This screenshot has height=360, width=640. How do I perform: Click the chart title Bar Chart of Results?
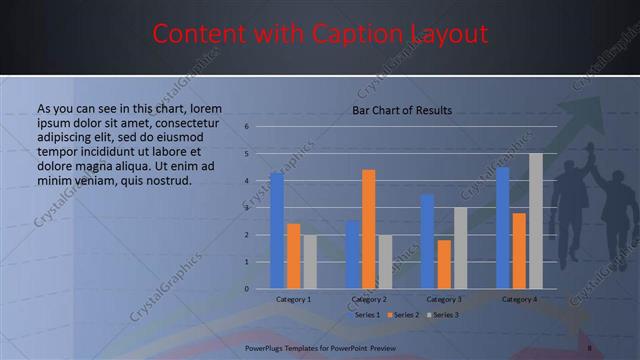[x=402, y=110]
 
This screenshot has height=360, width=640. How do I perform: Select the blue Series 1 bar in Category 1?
[x=277, y=230]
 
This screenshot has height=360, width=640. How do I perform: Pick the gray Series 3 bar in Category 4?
[x=536, y=221]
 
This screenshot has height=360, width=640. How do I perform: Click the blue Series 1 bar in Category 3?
[x=427, y=241]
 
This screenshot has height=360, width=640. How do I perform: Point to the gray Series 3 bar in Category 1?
[x=310, y=261]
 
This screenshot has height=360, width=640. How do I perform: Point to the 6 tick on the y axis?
[x=246, y=127]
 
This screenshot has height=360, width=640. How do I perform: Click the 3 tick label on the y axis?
[x=246, y=208]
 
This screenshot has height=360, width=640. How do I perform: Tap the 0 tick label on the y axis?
[x=246, y=289]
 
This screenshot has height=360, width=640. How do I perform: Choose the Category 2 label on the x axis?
[x=369, y=299]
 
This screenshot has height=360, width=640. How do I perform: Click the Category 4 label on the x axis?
[x=519, y=299]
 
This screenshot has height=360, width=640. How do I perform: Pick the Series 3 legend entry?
[x=442, y=315]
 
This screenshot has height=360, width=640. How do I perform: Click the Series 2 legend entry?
[x=405, y=315]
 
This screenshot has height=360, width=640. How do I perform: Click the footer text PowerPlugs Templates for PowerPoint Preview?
[x=320, y=347]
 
